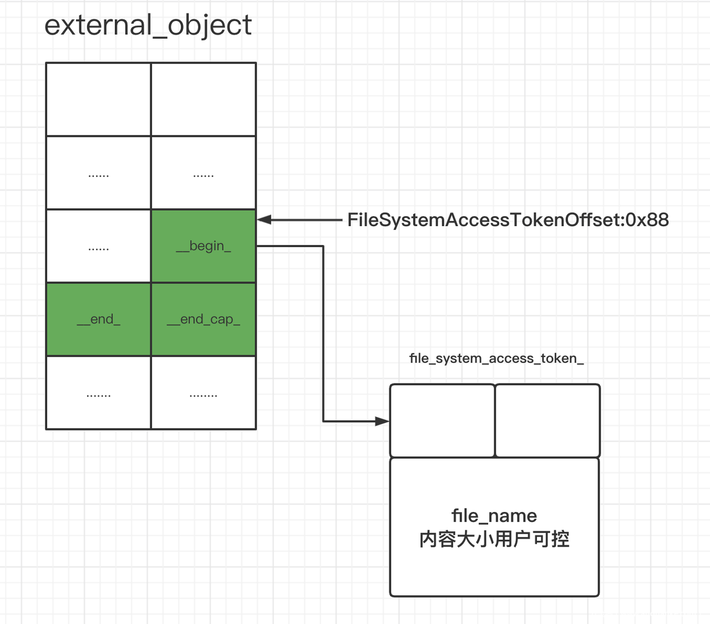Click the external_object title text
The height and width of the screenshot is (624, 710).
coord(148,25)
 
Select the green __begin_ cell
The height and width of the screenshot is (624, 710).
coord(204,246)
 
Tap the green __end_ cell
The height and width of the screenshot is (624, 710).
coord(98,319)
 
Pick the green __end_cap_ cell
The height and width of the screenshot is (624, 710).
coord(204,319)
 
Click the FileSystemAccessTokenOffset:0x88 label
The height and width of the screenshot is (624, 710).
coord(508,220)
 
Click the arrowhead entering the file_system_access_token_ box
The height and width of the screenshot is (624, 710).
coord(383,421)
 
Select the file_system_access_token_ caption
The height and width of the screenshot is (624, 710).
coord(496,359)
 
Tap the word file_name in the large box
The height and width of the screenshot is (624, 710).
coord(494,516)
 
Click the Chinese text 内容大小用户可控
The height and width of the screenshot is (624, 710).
coord(494,539)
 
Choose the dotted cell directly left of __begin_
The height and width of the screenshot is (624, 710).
coord(98,246)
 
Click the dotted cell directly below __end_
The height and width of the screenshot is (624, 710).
coord(98,392)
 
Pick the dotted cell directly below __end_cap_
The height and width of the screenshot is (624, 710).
coord(204,392)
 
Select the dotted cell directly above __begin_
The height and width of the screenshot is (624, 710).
coord(204,173)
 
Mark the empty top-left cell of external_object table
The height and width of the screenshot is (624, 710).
coord(98,99)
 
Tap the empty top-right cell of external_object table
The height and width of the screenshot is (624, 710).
coord(204,99)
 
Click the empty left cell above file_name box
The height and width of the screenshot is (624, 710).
coord(442,421)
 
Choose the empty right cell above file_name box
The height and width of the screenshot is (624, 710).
coord(547,421)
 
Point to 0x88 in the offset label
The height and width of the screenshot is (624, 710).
coord(647,220)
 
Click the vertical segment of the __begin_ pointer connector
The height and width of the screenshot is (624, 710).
coord(323,333)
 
